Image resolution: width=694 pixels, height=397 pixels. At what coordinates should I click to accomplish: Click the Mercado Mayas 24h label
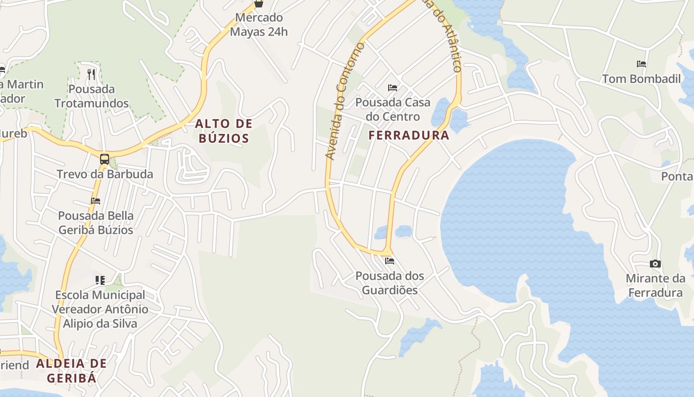click(259, 25)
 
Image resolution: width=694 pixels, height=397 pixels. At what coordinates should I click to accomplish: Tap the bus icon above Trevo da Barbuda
click(105, 159)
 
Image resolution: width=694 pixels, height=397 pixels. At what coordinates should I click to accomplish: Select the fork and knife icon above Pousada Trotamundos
click(91, 74)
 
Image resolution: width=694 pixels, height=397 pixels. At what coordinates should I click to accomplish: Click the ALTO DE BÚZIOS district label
click(224, 131)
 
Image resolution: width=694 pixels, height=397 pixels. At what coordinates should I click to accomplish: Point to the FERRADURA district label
click(409, 135)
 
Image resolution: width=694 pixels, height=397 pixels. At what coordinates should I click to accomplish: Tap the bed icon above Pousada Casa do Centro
click(393, 88)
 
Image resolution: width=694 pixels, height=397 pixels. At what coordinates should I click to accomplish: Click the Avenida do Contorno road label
click(345, 101)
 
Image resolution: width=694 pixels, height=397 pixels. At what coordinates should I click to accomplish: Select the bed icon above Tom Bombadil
click(641, 64)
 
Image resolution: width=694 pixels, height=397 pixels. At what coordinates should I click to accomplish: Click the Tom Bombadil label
click(641, 78)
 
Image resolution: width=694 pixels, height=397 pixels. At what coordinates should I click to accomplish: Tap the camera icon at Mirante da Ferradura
click(655, 264)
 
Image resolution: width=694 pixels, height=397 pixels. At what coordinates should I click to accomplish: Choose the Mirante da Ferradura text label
click(655, 285)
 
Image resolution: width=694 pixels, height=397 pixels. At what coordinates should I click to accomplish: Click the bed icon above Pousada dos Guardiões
click(390, 261)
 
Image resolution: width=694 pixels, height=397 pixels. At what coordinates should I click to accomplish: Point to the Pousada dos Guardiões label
click(390, 282)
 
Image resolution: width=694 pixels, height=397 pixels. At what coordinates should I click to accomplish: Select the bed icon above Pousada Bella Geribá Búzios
click(96, 201)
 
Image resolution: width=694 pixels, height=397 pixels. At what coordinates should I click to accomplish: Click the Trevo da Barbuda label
click(105, 174)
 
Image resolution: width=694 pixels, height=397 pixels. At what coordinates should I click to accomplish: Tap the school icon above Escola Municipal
click(100, 280)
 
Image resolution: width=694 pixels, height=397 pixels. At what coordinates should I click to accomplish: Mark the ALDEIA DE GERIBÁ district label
click(71, 370)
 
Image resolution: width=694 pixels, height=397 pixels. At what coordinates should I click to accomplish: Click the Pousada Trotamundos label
click(91, 96)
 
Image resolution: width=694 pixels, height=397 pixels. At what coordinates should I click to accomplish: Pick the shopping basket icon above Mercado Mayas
click(258, 3)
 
